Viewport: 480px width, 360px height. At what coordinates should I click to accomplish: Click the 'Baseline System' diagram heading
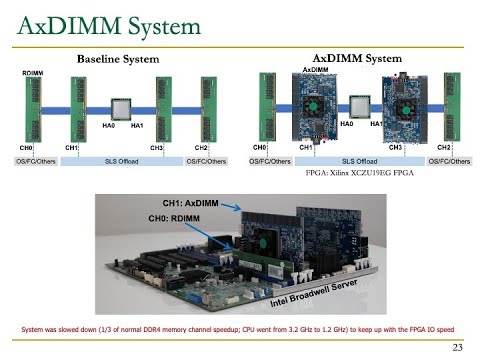click(x=119, y=59)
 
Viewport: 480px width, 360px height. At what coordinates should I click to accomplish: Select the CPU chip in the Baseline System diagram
click(x=122, y=107)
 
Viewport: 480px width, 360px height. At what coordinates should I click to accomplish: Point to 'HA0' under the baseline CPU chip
click(x=108, y=126)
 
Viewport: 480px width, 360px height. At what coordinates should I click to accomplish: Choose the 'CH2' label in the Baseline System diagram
click(x=201, y=148)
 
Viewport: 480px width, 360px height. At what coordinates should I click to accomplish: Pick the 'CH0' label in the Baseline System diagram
click(x=25, y=148)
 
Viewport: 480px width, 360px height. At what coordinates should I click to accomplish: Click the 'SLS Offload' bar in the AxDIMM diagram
click(x=359, y=160)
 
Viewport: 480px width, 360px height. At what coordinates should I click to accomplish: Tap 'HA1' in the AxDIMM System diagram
click(x=377, y=124)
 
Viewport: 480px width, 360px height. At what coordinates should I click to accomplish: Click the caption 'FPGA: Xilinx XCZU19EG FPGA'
click(x=359, y=173)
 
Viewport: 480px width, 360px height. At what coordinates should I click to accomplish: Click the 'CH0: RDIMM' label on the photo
click(x=174, y=217)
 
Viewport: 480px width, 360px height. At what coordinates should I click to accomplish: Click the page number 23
click(x=458, y=348)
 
